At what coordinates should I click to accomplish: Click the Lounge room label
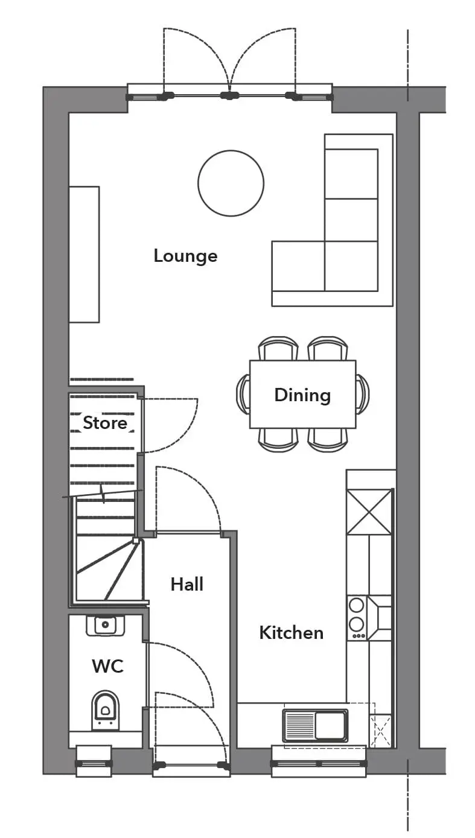[x=185, y=256]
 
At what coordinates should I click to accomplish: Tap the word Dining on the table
[x=302, y=395]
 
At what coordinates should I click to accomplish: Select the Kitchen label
[x=291, y=633]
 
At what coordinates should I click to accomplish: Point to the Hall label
[x=186, y=585]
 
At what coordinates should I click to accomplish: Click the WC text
[x=108, y=666]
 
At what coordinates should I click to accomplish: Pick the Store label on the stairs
[x=105, y=423]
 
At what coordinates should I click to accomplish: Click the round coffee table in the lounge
[x=231, y=183]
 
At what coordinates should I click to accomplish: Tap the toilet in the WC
[x=105, y=711]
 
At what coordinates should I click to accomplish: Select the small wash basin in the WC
[x=105, y=626]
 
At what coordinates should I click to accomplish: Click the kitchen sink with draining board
[x=315, y=726]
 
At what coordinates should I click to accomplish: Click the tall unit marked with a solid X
[x=369, y=512]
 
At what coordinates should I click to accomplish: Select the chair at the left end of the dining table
[x=243, y=395]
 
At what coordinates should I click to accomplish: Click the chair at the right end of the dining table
[x=362, y=395]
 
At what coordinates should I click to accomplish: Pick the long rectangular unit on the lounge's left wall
[x=84, y=255]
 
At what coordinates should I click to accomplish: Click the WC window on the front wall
[x=94, y=763]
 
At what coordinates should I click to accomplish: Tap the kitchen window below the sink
[x=319, y=763]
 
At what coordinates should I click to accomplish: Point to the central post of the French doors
[x=229, y=95]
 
